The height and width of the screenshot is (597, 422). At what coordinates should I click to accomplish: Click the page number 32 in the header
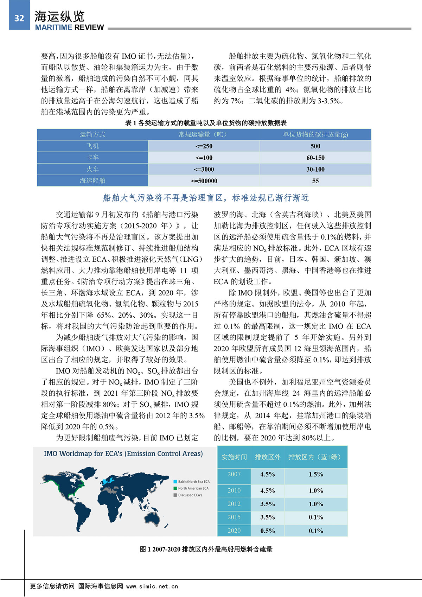tap(19, 18)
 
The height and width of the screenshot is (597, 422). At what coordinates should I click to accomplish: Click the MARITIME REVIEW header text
tap(69, 27)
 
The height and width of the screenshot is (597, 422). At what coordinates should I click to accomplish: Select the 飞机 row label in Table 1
tap(92, 146)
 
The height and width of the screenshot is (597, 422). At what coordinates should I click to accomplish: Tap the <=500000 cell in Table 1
tap(204, 181)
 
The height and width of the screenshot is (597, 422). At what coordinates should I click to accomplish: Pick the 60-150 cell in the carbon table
tap(315, 158)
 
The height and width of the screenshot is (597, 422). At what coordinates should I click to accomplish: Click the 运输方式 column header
tap(92, 134)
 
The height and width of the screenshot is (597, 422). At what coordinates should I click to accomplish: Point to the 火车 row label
tap(92, 169)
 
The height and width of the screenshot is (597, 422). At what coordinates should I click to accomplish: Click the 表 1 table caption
tap(206, 123)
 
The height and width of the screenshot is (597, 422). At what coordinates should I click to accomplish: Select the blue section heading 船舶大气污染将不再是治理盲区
tap(206, 198)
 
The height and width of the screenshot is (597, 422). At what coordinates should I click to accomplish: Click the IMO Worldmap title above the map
tap(123, 453)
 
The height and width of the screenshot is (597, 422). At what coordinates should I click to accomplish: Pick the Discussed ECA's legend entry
tap(190, 495)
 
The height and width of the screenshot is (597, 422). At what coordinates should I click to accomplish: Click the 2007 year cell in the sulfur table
tap(234, 474)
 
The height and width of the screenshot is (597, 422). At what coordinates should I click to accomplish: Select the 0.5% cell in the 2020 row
tap(267, 531)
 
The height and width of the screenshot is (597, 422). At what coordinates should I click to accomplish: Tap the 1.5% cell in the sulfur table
tap(316, 474)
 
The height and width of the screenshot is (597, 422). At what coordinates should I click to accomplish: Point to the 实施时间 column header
tap(234, 457)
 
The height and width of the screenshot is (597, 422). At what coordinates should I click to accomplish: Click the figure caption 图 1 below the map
tap(206, 549)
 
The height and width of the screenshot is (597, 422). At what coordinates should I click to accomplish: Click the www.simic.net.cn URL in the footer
tap(152, 586)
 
